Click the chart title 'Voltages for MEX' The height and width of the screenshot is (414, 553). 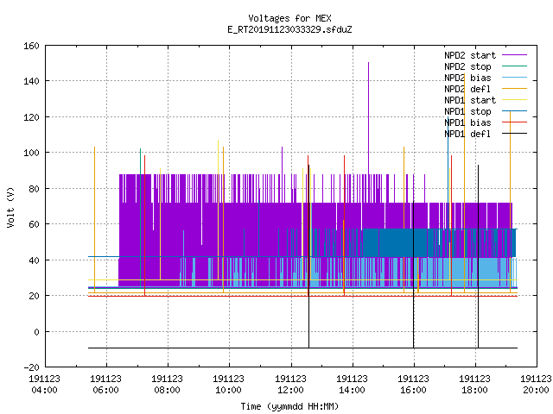click(x=289, y=18)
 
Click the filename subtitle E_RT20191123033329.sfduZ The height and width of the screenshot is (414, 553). click(x=289, y=29)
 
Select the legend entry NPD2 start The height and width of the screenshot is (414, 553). click(x=470, y=55)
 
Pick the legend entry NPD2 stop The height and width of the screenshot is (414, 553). click(x=467, y=66)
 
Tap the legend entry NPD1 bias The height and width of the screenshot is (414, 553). click(x=467, y=122)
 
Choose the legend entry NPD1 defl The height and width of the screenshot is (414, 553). click(x=467, y=134)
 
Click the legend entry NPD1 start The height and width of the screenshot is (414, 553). click(x=470, y=100)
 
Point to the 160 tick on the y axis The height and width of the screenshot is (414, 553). click(x=31, y=46)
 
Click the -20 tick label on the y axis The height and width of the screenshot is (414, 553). click(x=31, y=367)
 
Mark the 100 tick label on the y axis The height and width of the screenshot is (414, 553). click(x=31, y=153)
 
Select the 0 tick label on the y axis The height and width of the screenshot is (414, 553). click(x=36, y=331)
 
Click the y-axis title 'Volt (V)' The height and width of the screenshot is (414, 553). click(x=10, y=208)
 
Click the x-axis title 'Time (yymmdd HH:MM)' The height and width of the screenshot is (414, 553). click(x=289, y=406)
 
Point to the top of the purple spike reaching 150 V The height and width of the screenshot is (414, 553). click(x=369, y=62)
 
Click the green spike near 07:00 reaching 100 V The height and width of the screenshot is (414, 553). click(x=140, y=218)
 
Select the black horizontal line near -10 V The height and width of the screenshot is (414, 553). click(x=302, y=348)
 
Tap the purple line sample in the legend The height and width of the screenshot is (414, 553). click(x=515, y=55)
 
